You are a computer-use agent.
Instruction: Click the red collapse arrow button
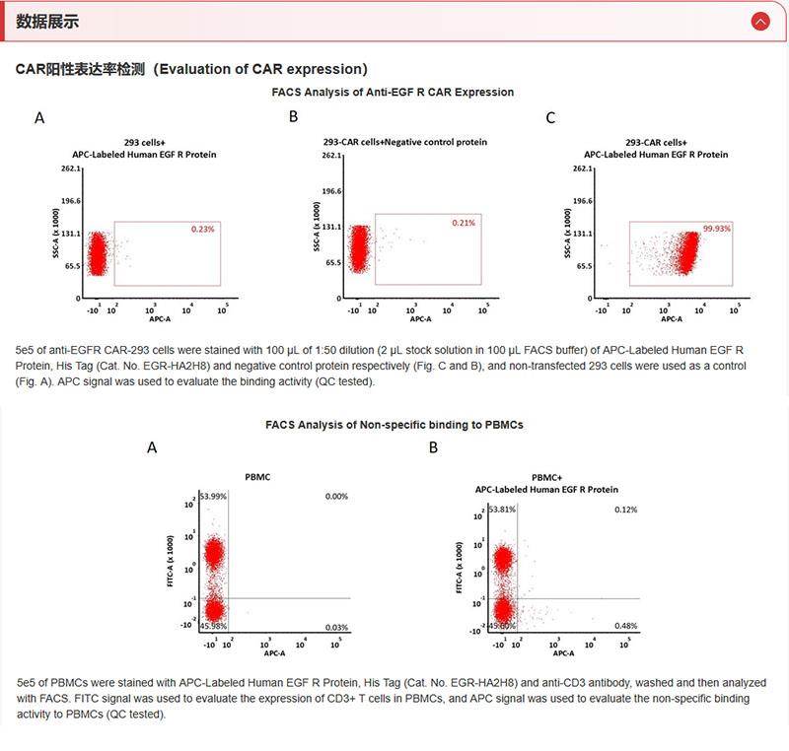[x=759, y=21]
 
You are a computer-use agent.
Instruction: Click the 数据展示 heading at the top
[x=48, y=21]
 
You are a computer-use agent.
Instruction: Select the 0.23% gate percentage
[x=202, y=229]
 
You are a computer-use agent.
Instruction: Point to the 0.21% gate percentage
[x=464, y=223]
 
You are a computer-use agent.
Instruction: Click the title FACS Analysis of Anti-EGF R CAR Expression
[x=393, y=92]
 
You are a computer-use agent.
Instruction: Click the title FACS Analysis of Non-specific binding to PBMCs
[x=394, y=425]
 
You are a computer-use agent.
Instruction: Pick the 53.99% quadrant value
[x=213, y=496]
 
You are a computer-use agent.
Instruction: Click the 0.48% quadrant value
[x=625, y=626]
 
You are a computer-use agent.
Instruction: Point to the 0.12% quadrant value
[x=625, y=510]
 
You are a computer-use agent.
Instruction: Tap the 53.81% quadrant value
[x=503, y=510]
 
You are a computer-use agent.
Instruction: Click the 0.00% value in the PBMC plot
[x=336, y=496]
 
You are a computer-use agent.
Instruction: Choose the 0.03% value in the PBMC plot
[x=336, y=627]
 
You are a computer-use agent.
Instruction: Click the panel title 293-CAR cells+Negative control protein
[x=405, y=142]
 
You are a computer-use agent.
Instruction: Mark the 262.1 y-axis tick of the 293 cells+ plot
[x=68, y=169]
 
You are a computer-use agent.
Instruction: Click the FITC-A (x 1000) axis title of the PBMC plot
[x=169, y=561]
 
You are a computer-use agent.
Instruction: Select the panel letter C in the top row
[x=550, y=118]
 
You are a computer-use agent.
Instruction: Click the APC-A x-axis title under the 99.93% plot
[x=672, y=318]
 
